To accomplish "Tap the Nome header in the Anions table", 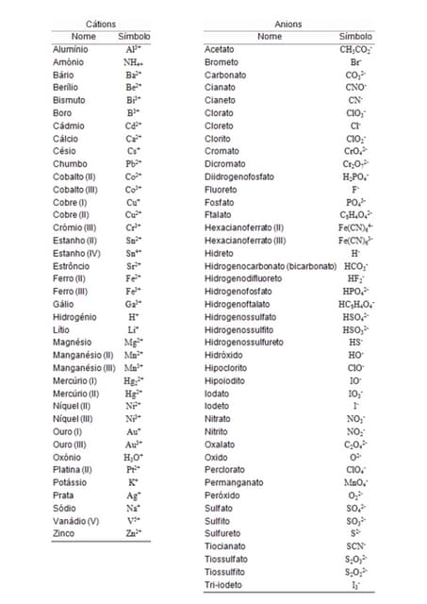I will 270,36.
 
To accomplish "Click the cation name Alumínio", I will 71,48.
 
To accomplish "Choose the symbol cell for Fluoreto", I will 355,189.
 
